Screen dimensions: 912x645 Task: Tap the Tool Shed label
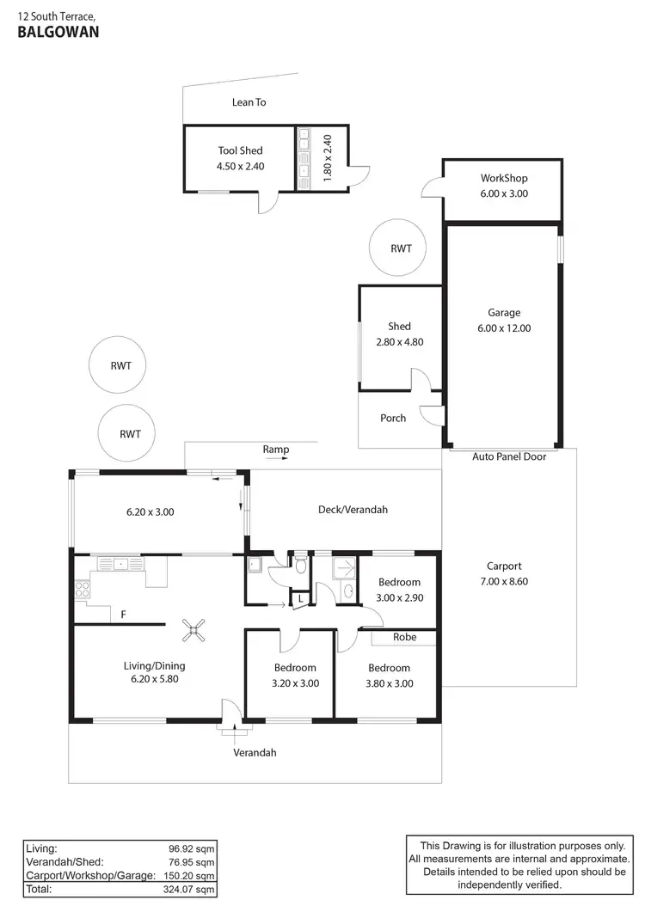(240, 150)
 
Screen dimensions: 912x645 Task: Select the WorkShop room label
(504, 178)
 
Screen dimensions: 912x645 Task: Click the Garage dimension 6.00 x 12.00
(504, 327)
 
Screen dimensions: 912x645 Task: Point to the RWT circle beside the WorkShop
(401, 248)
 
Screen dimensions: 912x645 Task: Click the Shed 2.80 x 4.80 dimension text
(399, 341)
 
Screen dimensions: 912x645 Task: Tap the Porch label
(393, 418)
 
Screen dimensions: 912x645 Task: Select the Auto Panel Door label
(508, 456)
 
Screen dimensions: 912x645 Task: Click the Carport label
(504, 566)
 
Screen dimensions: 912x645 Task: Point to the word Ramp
(276, 450)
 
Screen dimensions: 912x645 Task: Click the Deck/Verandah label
(353, 510)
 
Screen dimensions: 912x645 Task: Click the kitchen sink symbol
(114, 564)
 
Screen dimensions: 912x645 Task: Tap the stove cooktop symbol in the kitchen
(84, 590)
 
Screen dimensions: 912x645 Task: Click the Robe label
(404, 638)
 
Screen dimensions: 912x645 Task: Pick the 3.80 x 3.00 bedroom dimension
(389, 683)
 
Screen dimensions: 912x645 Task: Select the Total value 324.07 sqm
(191, 890)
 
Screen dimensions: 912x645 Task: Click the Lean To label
(249, 102)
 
